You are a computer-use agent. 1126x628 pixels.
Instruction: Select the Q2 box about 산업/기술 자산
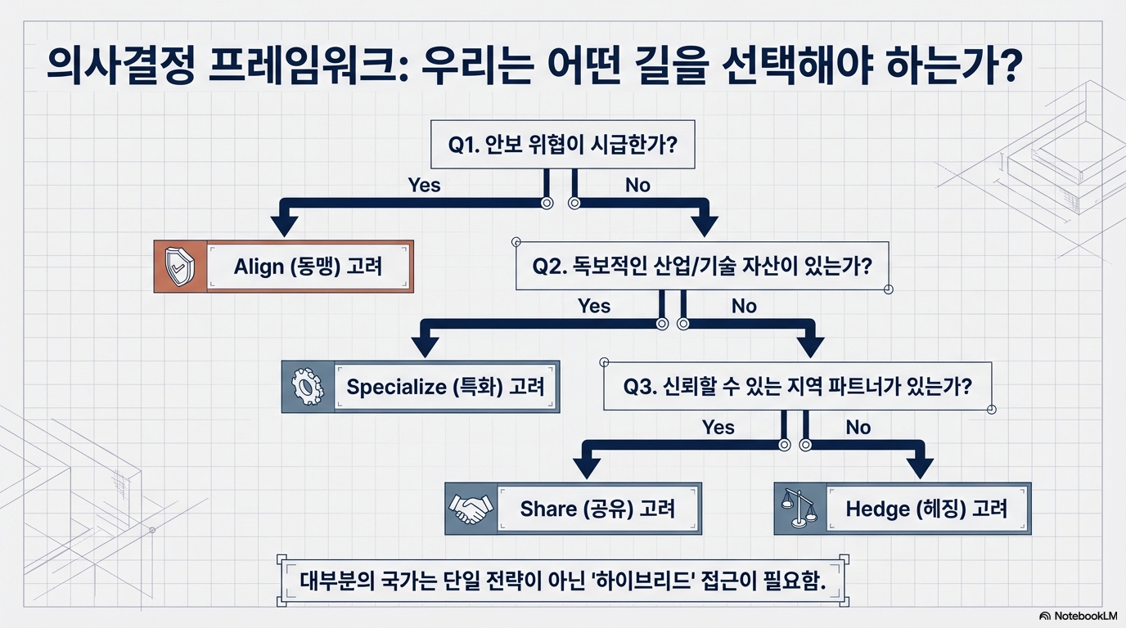coord(701,266)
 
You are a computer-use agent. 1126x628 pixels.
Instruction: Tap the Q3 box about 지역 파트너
coord(797,386)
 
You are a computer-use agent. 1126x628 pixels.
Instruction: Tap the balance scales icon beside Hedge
coord(799,508)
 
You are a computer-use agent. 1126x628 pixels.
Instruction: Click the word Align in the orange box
coord(258,267)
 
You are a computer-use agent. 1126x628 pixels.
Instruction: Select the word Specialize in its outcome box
coord(396,386)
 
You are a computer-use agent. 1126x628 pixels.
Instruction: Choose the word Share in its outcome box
coord(547,509)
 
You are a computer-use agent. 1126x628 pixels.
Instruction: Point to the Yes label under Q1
coord(424,185)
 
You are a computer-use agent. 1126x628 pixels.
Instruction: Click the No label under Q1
coord(637,185)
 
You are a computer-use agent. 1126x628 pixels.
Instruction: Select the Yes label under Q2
coord(594,306)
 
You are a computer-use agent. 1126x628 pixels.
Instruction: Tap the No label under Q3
coord(858,427)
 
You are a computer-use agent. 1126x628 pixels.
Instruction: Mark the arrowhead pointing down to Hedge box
coord(920,467)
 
